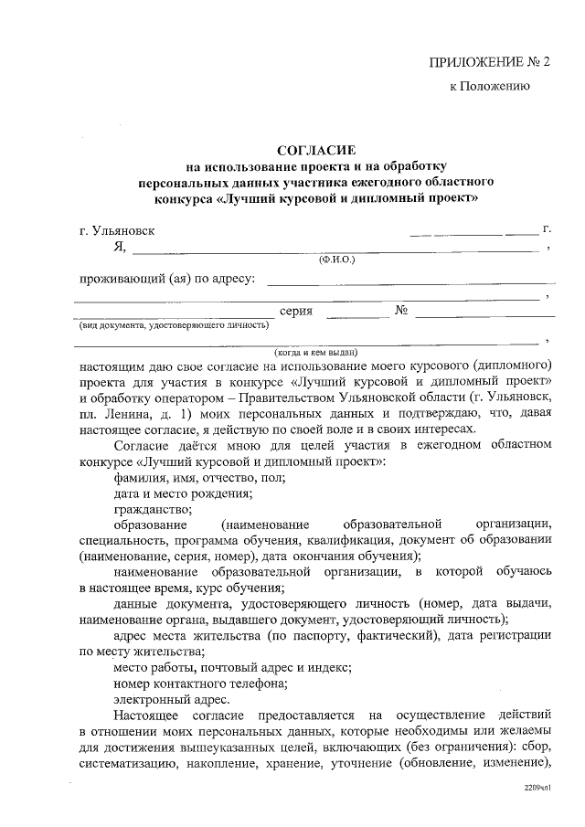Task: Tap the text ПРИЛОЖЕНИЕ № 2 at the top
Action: tap(491, 62)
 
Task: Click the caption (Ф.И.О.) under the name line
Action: tap(335, 260)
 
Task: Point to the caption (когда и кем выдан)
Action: tap(315, 352)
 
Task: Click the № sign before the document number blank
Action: tap(400, 311)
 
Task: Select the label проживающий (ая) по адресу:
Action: tap(167, 278)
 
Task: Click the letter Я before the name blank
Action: tap(118, 247)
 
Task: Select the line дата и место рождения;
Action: tap(183, 493)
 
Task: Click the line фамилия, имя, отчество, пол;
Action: tap(199, 477)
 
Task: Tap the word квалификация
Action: tap(356, 540)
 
